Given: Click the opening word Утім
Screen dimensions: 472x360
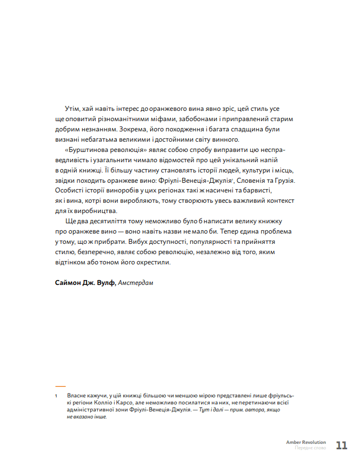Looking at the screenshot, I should tap(72, 109).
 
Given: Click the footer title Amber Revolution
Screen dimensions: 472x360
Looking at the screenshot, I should tap(306, 442).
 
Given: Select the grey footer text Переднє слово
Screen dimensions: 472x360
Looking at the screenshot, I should tap(310, 449).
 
